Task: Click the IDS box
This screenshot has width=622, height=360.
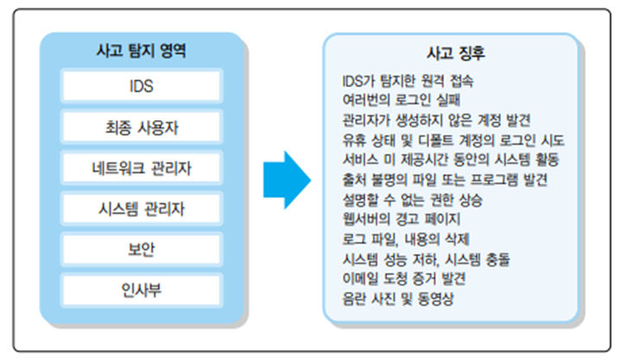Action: click(x=142, y=85)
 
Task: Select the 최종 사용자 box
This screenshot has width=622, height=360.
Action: click(x=142, y=127)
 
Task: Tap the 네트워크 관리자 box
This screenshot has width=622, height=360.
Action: click(x=142, y=167)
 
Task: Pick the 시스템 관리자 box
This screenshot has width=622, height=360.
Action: click(x=142, y=209)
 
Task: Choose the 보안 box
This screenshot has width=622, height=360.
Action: click(x=142, y=249)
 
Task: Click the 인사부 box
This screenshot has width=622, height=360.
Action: click(x=142, y=290)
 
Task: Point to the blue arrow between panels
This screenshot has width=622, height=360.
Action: click(x=287, y=180)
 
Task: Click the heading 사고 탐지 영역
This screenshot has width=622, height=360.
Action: click(x=141, y=51)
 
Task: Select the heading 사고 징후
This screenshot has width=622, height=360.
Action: click(x=456, y=54)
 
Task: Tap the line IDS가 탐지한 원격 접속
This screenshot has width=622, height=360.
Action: click(x=408, y=81)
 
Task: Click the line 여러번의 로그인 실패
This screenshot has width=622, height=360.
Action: click(x=401, y=100)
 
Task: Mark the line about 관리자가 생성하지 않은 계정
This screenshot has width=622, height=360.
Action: click(x=436, y=120)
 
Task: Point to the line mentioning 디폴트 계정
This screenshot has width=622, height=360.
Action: click(x=454, y=140)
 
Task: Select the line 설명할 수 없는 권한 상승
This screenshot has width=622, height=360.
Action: click(x=413, y=199)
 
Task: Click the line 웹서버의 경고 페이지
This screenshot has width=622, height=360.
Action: click(x=401, y=219)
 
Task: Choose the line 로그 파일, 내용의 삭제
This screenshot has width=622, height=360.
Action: click(x=406, y=239)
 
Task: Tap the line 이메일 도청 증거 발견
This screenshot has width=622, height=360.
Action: click(x=403, y=279)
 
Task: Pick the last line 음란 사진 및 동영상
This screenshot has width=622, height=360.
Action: click(x=398, y=299)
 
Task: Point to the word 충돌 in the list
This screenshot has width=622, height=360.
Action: click(x=498, y=259)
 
